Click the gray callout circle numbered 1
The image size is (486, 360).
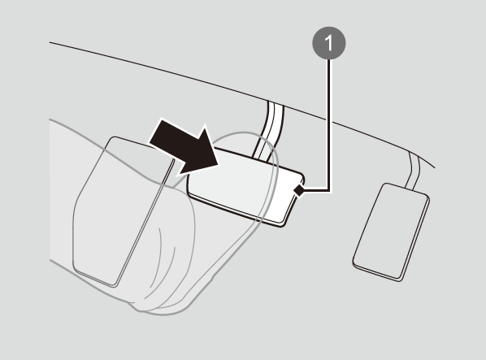click(329, 43)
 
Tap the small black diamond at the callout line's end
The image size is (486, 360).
click(299, 190)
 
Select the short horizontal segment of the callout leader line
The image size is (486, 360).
click(316, 190)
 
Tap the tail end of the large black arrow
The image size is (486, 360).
click(155, 132)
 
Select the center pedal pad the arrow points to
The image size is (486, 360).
click(245, 186)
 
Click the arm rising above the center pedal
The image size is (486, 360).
click(268, 130)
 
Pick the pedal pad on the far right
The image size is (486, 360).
click(391, 232)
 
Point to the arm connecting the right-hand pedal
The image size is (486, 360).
click(414, 170)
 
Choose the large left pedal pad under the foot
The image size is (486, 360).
click(124, 210)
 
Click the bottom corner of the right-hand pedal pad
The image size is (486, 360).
click(400, 280)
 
